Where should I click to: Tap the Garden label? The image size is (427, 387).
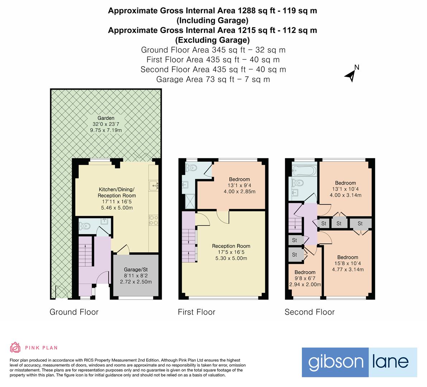point(106,118)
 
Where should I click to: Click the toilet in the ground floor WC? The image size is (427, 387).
point(85,226)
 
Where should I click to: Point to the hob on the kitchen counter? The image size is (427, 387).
point(153,220)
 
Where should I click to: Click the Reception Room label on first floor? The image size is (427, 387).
point(231,246)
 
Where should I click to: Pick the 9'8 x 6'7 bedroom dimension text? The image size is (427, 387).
point(305,278)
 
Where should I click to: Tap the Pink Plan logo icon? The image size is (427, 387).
point(15,347)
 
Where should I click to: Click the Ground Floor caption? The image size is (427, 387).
point(74,312)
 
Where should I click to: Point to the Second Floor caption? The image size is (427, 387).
point(309,312)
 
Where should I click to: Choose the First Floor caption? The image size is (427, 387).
point(196,312)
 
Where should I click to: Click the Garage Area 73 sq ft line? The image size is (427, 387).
point(213,79)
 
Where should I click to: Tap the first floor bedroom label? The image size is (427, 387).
point(239,180)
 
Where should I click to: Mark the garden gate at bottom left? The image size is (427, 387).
point(61,292)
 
